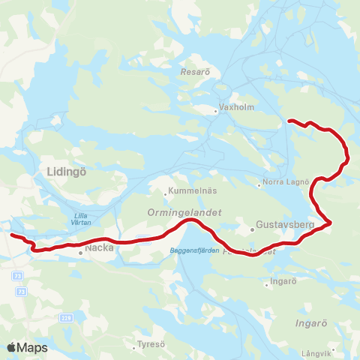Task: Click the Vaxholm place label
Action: point(238,108)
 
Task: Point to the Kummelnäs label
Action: point(190,190)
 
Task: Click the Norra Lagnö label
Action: point(283,182)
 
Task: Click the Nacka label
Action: point(99,246)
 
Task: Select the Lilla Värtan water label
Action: point(82,219)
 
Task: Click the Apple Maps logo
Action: point(27,347)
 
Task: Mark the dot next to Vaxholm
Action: point(216,112)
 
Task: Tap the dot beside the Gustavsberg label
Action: point(253,229)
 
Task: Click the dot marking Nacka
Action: point(80,253)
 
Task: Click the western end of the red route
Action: point(11,235)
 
